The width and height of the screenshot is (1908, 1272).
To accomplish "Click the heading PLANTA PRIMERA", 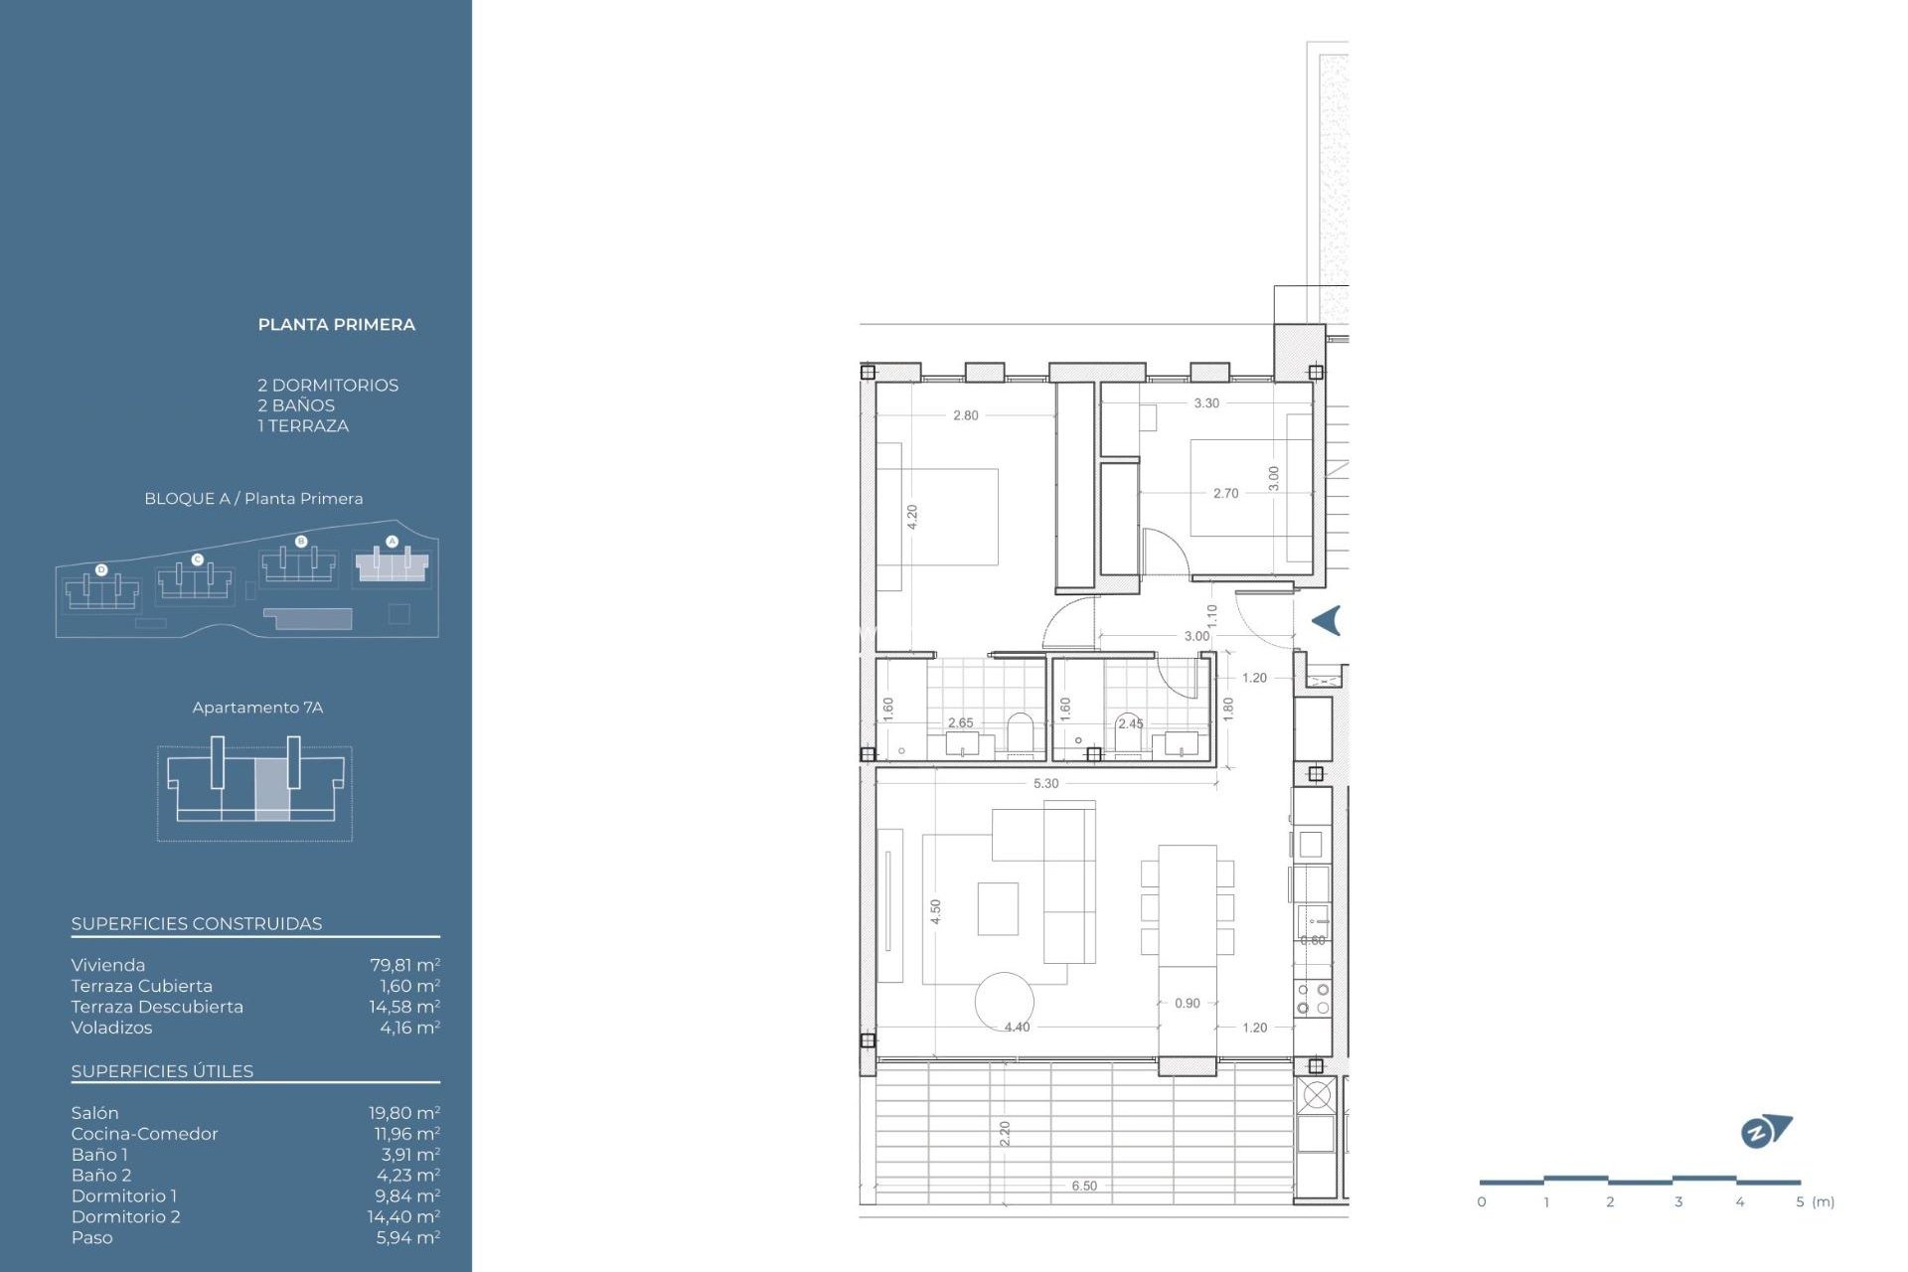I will tap(336, 325).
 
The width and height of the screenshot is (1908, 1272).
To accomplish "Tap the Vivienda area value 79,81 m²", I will tap(404, 965).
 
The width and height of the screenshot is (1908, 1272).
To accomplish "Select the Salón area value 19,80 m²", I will tap(403, 1113).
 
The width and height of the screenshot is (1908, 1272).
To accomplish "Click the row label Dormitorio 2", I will tap(125, 1216).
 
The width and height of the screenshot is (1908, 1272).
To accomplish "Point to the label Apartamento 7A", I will tap(257, 708).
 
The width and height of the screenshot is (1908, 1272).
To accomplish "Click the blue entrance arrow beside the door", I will tap(1327, 620).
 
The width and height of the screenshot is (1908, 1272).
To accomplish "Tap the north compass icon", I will tap(1765, 1131).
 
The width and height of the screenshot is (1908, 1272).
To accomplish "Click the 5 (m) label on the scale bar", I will tap(1815, 1201).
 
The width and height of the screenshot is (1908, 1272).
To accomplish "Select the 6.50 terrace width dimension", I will tap(1084, 1186).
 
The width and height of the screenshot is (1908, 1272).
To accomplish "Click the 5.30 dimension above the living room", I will tap(1045, 783).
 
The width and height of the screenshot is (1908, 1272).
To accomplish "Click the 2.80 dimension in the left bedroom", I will tap(965, 415).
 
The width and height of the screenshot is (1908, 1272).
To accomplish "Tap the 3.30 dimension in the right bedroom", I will tap(1205, 402).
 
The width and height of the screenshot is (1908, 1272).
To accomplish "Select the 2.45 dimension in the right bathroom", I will tap(1130, 723).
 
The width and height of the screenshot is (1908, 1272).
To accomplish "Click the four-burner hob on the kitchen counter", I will tap(1313, 999).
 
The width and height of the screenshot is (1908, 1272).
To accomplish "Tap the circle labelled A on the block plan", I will tap(392, 542).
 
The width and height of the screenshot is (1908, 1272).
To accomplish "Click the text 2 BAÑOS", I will tap(295, 405).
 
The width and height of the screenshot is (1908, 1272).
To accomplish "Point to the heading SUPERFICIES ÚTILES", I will tap(162, 1071).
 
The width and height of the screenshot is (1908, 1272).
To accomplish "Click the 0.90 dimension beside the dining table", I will tap(1187, 1003).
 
